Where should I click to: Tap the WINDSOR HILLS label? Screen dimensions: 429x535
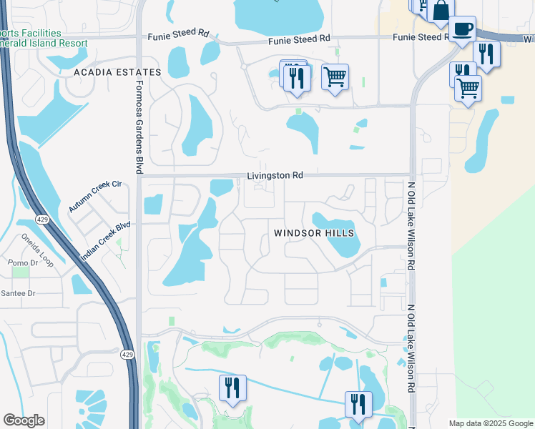click(x=314, y=234)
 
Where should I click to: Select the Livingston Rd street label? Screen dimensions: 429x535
click(x=275, y=175)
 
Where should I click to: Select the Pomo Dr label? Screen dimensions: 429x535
click(x=17, y=263)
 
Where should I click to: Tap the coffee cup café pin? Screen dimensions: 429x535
click(x=463, y=29)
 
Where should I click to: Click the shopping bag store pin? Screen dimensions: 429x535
click(x=441, y=11)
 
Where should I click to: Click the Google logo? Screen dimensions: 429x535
click(x=24, y=420)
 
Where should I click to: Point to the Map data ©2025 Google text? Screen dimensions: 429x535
click(x=490, y=423)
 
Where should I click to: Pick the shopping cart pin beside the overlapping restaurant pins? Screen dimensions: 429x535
click(x=335, y=76)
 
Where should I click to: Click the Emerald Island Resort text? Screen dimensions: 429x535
click(x=44, y=43)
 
